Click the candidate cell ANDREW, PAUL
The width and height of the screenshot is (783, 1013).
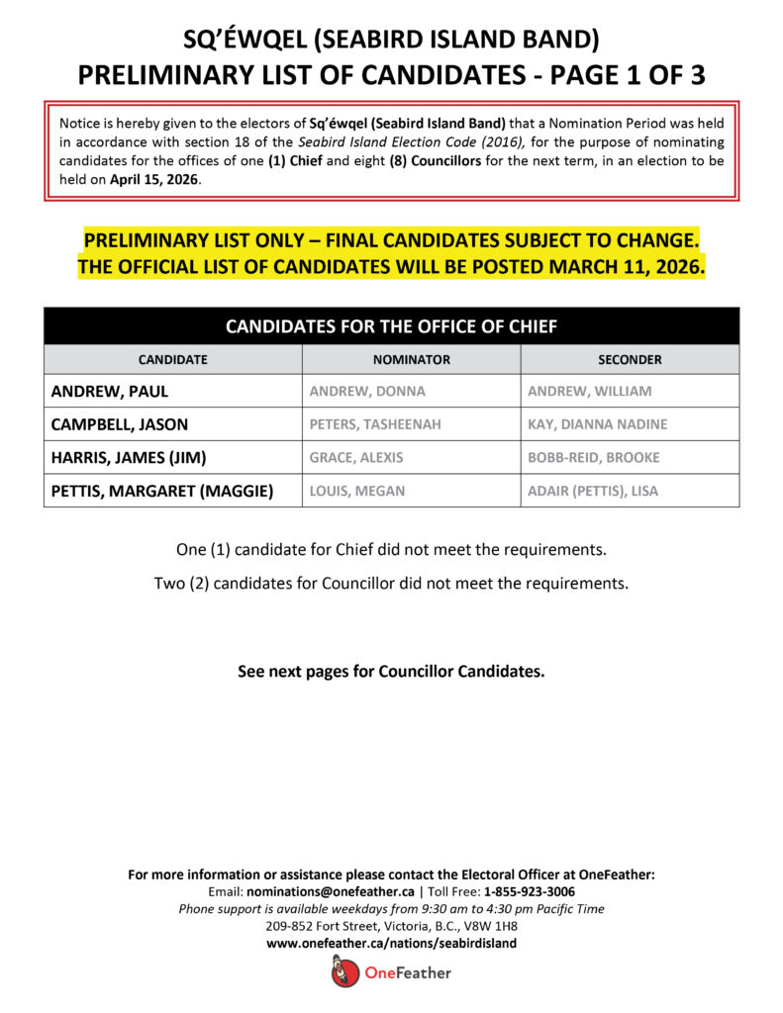click(x=110, y=391)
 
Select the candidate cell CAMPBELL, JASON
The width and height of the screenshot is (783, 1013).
click(x=120, y=424)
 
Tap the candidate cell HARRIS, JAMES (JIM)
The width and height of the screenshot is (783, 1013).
click(x=129, y=457)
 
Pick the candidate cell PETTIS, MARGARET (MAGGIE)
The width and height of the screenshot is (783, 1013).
click(x=162, y=491)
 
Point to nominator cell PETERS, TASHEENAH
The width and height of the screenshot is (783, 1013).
click(x=375, y=424)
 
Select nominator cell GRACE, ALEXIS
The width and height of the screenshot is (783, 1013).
click(x=356, y=458)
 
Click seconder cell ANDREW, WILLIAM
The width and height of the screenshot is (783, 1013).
click(x=590, y=391)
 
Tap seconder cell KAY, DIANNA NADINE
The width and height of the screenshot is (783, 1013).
click(x=598, y=424)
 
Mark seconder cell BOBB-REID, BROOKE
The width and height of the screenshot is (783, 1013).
click(x=594, y=458)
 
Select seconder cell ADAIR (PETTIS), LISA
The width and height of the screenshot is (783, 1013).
click(x=593, y=491)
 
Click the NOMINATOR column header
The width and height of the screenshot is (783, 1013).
click(x=412, y=359)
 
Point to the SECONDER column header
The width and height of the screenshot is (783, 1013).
click(x=630, y=359)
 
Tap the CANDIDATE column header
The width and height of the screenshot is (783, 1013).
click(x=173, y=359)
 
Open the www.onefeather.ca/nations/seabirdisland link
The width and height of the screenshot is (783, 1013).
click(x=391, y=944)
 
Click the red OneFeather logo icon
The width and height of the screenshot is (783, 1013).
click(x=341, y=972)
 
